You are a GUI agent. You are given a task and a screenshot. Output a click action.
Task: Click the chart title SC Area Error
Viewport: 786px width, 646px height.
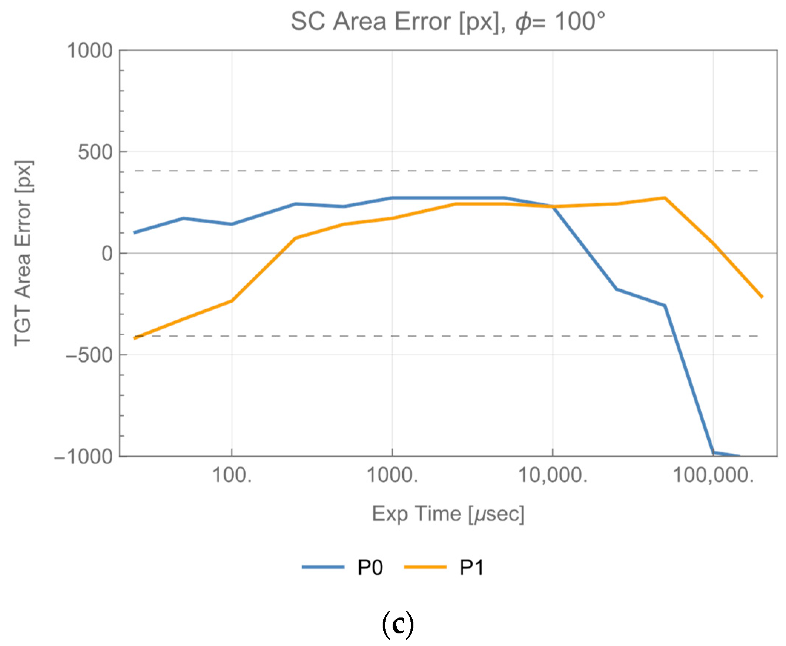(x=448, y=21)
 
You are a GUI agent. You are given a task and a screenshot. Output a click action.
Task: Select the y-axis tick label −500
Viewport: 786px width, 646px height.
(x=89, y=355)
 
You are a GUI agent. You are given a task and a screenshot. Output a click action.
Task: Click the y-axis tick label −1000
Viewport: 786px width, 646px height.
(x=83, y=456)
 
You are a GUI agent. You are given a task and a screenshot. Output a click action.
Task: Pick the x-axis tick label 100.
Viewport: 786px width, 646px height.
(x=232, y=475)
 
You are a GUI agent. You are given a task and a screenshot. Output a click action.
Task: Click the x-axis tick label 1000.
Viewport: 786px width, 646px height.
(x=392, y=475)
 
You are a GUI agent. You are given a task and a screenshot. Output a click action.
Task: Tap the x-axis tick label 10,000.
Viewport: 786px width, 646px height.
(x=553, y=475)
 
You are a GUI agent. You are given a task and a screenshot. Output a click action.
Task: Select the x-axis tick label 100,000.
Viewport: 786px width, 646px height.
(x=713, y=475)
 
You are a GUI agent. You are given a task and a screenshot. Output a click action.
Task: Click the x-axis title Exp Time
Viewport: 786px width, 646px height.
(x=448, y=514)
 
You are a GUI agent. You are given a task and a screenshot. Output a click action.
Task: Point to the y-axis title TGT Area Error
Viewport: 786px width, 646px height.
(x=23, y=253)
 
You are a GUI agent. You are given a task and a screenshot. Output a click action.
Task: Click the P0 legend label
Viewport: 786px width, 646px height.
(x=370, y=568)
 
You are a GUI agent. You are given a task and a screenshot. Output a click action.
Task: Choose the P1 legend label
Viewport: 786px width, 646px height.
(x=472, y=568)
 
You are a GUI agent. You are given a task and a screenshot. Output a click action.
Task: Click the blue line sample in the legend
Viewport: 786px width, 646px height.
(x=323, y=567)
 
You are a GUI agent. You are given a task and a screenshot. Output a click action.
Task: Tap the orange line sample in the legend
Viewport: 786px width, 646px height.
(x=425, y=567)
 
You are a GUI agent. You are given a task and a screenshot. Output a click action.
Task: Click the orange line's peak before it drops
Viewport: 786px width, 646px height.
(x=665, y=198)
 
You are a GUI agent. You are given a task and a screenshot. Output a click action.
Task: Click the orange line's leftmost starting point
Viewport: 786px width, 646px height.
(x=135, y=338)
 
